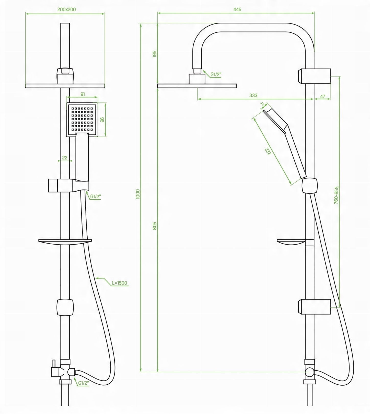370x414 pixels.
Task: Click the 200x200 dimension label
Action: (66, 10)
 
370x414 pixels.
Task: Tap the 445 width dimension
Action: (237, 9)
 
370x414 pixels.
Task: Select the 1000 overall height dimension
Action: (138, 194)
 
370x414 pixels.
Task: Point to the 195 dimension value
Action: (155, 54)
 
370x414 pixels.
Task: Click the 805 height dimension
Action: (155, 226)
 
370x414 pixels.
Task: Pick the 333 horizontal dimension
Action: (253, 95)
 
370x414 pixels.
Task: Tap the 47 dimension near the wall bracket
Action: (322, 96)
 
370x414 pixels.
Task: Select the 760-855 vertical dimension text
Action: (336, 195)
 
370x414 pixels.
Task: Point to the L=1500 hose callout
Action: (119, 283)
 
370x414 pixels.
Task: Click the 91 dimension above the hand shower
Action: (83, 94)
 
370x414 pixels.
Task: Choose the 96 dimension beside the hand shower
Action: (102, 120)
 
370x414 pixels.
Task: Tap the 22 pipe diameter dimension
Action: (65, 158)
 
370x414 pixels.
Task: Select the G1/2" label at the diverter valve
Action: (83, 383)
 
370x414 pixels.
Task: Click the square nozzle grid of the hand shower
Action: (82, 119)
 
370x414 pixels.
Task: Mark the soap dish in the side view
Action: (291, 242)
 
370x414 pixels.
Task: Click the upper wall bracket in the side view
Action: (315, 76)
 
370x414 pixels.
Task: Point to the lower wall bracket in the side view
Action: (315, 307)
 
